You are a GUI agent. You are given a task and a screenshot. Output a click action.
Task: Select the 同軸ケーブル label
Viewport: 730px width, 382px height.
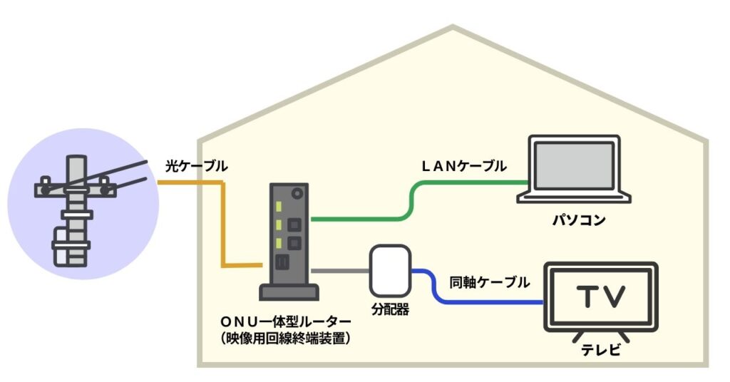point(490,282)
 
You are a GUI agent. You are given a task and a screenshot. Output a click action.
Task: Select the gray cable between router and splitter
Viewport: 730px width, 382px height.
point(340,271)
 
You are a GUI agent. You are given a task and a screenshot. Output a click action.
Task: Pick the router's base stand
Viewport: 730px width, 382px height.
point(288,292)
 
